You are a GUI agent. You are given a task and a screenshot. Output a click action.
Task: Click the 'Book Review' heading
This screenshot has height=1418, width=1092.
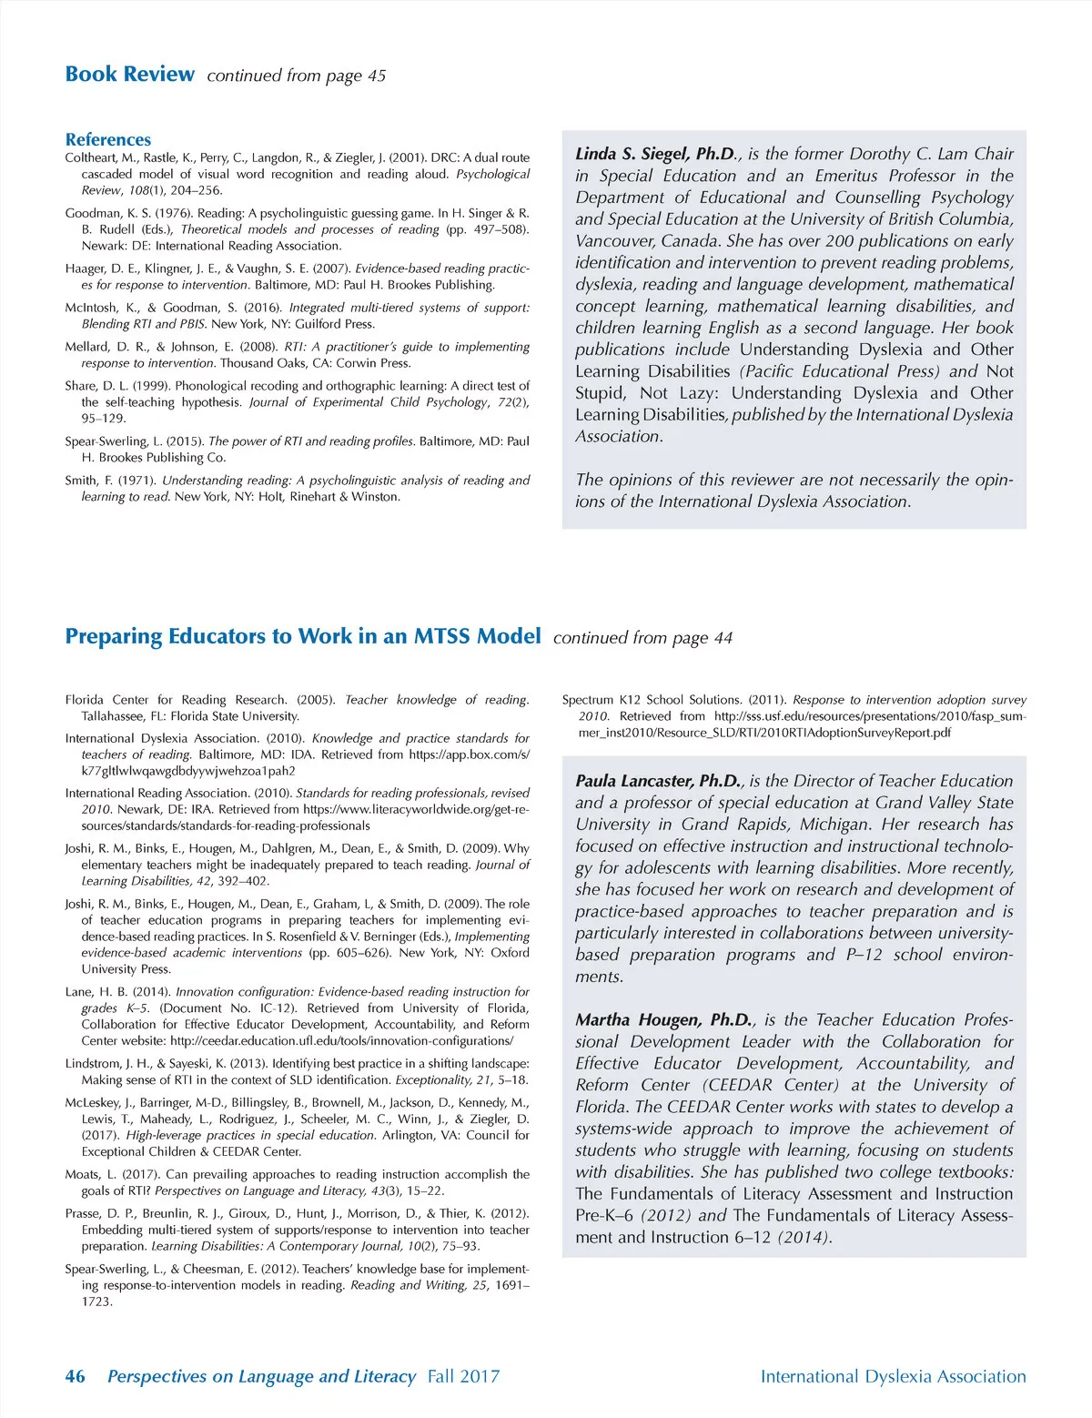click(129, 75)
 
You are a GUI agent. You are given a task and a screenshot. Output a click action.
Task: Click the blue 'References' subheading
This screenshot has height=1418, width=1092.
click(107, 139)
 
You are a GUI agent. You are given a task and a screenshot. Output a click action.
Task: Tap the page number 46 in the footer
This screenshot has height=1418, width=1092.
click(75, 1376)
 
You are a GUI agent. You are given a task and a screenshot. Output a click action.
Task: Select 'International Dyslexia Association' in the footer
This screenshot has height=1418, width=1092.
click(893, 1376)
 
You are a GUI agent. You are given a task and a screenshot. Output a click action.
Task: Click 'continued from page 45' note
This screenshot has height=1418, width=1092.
click(296, 76)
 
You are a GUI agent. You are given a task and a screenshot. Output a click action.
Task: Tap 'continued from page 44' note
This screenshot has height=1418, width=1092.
click(642, 638)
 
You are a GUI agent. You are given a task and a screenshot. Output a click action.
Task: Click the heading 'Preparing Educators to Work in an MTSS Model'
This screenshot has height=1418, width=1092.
click(302, 636)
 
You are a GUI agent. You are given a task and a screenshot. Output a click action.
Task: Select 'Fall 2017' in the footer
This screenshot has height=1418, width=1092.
click(463, 1376)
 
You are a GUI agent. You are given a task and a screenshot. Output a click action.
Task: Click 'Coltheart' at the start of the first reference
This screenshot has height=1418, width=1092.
click(90, 157)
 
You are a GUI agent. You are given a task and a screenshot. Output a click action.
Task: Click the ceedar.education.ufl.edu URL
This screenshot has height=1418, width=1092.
click(341, 1040)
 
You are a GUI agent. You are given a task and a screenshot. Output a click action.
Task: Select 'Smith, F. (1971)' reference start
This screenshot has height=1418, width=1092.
click(109, 481)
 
